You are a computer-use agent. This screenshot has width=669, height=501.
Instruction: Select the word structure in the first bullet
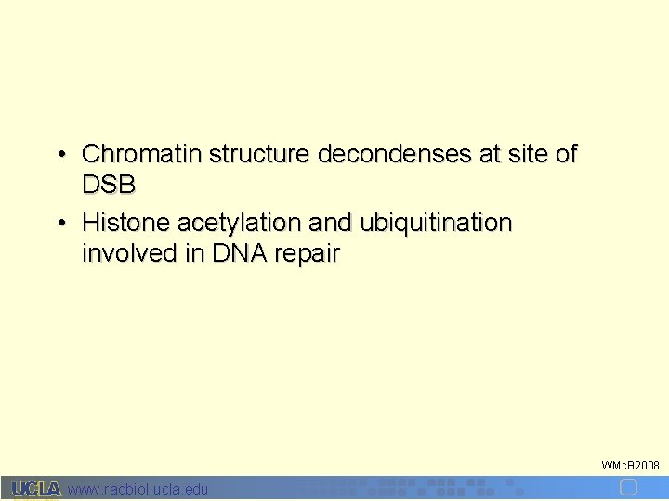[x=260, y=154]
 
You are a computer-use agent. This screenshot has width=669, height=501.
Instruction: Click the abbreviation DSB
[x=109, y=185]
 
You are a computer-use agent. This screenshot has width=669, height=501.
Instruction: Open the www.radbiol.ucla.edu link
[x=138, y=489]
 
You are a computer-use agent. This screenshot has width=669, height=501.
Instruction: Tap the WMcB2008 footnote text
[x=630, y=464]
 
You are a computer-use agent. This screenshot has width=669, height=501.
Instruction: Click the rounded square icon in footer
[x=629, y=488]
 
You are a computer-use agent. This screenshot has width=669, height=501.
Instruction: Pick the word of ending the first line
[x=566, y=154]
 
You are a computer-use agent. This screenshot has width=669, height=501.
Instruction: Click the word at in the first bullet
[x=489, y=154]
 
